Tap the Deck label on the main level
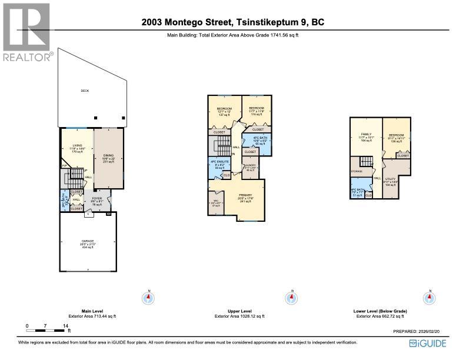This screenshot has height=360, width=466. (85, 91)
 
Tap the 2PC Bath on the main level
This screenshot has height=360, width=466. (64, 199)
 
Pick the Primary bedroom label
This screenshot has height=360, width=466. (245, 196)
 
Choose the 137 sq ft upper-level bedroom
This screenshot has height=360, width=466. (224, 111)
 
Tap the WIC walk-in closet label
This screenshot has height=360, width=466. (216, 204)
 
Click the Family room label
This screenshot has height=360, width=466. (366, 136)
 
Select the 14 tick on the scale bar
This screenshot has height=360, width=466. (65, 325)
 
